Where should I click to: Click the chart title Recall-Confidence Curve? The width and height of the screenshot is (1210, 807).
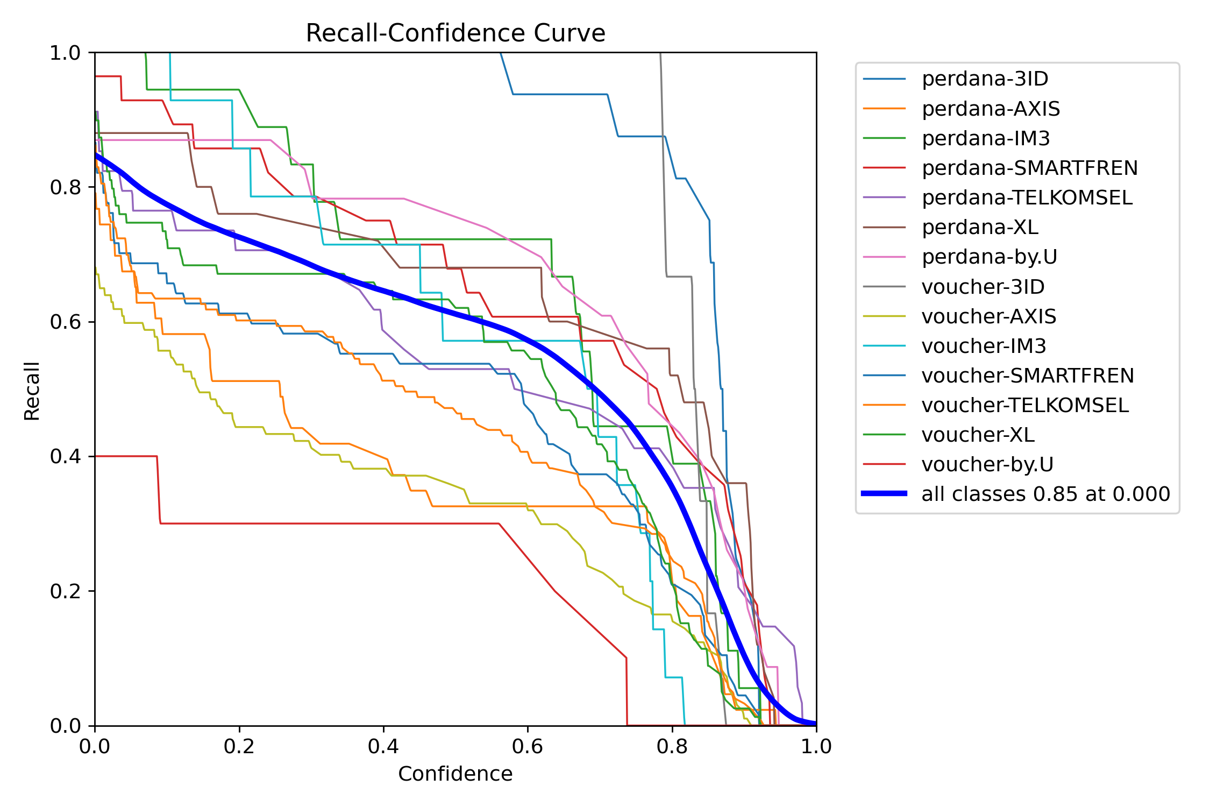(455, 33)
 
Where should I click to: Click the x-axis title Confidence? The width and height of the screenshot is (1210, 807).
(455, 774)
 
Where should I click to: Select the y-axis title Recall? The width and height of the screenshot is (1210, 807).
(32, 391)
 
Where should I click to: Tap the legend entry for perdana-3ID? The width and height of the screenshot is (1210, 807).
(985, 79)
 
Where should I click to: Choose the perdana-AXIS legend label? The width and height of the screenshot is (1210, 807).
(991, 109)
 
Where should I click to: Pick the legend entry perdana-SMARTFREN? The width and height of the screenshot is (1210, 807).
(1029, 168)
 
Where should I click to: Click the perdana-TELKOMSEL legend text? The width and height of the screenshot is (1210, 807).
(1027, 197)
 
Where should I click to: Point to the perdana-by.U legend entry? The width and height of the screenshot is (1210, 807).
(989, 257)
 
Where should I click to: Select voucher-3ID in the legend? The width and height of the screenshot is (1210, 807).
(983, 287)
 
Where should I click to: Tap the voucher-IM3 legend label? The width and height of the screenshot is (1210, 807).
(984, 346)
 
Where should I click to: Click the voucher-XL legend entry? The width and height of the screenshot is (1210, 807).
(978, 435)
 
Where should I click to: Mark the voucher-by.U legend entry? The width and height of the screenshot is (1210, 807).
(987, 464)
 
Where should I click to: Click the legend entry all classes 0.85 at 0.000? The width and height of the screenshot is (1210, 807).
(1045, 494)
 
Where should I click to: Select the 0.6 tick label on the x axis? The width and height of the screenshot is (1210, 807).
(528, 747)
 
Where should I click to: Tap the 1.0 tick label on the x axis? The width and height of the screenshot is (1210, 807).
(816, 747)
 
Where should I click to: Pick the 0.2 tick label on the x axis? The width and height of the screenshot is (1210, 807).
(239, 747)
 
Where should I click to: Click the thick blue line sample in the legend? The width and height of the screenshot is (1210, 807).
(885, 493)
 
